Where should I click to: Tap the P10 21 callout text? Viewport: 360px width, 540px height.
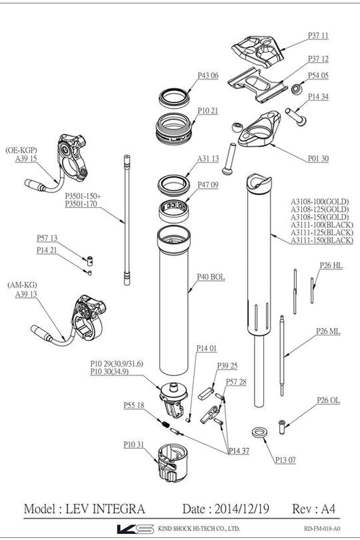point(208,110)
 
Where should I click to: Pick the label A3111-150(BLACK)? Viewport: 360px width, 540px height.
point(322,240)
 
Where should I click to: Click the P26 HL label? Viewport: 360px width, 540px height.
point(330,266)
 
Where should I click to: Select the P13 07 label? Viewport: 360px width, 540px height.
point(286,460)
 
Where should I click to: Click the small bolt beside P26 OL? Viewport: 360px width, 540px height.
point(282,425)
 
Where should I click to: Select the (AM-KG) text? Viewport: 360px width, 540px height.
point(20,286)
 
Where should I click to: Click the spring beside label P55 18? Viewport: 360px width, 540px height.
point(163,423)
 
